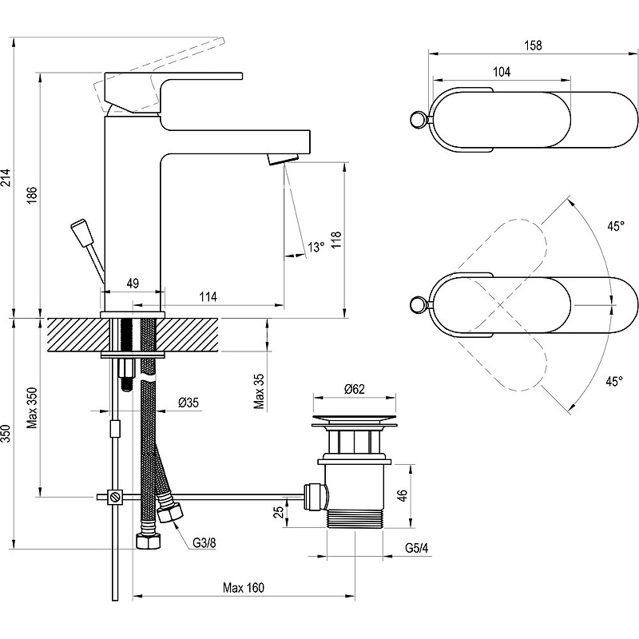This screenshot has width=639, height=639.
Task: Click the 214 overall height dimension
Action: pyautogui.click(x=6, y=177)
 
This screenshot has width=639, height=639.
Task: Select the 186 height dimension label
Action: pyautogui.click(x=32, y=195)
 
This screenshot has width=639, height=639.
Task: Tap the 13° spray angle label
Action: pyautogui.click(x=316, y=247)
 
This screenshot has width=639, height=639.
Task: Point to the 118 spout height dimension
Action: pyautogui.click(x=335, y=240)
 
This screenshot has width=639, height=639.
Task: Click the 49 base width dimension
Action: pyautogui.click(x=133, y=283)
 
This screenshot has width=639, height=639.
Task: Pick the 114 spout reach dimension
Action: pyautogui.click(x=208, y=296)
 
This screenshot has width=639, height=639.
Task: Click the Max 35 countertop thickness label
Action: pyautogui.click(x=259, y=391)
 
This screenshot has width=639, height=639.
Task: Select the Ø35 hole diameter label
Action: pyautogui.click(x=189, y=403)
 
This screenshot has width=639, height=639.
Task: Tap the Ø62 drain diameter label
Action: pyautogui.click(x=354, y=389)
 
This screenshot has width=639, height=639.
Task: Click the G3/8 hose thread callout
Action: pyautogui.click(x=204, y=543)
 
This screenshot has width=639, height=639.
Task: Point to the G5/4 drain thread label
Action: pyautogui.click(x=417, y=548)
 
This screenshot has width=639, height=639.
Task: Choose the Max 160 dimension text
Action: pyautogui.click(x=244, y=587)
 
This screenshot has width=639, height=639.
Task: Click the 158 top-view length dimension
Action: pyautogui.click(x=533, y=45)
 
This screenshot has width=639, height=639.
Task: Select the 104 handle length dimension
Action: pyautogui.click(x=502, y=72)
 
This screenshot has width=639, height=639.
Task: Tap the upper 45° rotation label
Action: pyautogui.click(x=616, y=226)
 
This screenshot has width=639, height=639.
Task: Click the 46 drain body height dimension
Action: pyautogui.click(x=402, y=495)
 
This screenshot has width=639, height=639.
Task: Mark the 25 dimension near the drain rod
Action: pyautogui.click(x=279, y=512)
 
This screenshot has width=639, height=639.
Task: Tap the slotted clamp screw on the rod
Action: pyautogui.click(x=115, y=497)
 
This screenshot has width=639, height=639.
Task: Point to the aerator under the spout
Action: pyautogui.click(x=283, y=158)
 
